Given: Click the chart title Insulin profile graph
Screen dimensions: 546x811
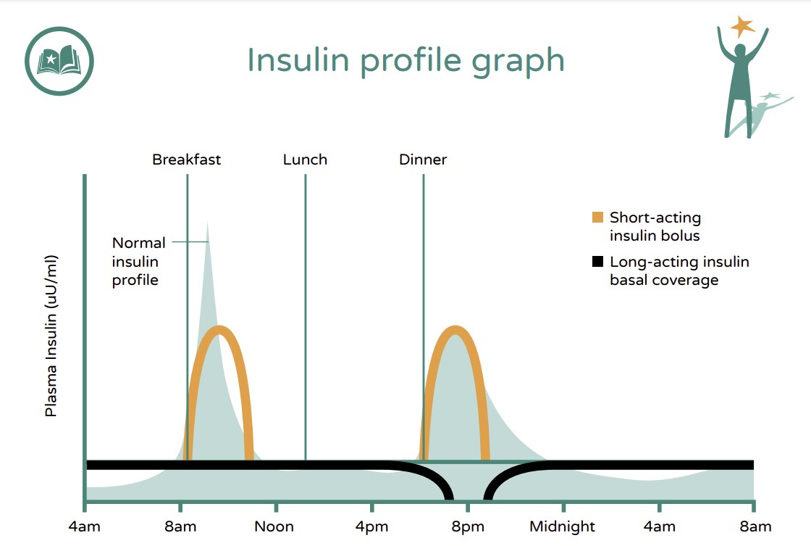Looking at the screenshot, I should (x=405, y=59).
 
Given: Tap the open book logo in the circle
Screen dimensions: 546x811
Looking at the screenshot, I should (x=59, y=61).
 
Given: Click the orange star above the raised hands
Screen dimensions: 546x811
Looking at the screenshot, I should (x=742, y=27).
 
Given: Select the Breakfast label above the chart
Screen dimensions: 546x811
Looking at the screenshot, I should (x=186, y=160).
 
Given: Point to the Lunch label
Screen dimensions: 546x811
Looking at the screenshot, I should (x=305, y=160).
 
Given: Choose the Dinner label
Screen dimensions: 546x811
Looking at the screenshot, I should (x=423, y=160).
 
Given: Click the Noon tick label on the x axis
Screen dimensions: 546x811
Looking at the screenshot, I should (x=274, y=526).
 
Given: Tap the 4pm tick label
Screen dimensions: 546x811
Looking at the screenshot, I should (x=371, y=526).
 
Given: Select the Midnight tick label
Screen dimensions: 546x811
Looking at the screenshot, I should (x=562, y=526).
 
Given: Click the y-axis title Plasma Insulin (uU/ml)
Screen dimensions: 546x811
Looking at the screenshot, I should (x=51, y=335).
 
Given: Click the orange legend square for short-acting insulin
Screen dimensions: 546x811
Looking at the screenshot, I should (x=597, y=218).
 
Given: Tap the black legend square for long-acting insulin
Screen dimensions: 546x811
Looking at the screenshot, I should (x=597, y=262).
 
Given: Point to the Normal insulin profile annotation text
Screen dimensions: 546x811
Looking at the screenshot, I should (x=138, y=261).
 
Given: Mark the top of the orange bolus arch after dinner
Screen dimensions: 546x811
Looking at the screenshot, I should (x=455, y=331).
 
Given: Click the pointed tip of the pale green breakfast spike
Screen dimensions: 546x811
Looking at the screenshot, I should (x=207, y=221).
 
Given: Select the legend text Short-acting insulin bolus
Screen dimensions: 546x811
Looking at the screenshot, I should (x=655, y=226).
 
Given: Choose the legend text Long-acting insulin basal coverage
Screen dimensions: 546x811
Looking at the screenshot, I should (x=678, y=271).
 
